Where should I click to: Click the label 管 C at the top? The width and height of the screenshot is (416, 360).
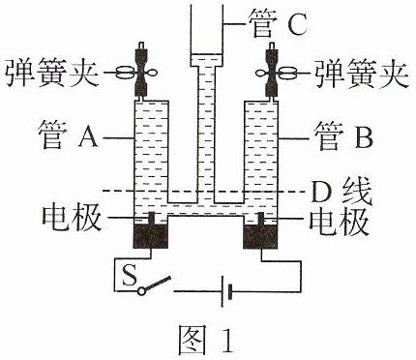(278, 23)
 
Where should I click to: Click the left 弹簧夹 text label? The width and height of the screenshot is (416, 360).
(52, 74)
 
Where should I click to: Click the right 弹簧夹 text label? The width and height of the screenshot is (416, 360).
(362, 74)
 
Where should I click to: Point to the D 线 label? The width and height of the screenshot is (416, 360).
(342, 192)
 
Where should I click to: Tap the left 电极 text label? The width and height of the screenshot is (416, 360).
(72, 218)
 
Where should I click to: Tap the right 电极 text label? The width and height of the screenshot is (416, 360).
(339, 222)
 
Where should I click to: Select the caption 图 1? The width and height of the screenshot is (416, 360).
(205, 340)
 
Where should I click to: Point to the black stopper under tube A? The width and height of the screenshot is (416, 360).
(151, 235)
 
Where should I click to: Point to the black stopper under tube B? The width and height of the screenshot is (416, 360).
(260, 236)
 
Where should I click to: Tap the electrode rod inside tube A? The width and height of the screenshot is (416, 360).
(151, 219)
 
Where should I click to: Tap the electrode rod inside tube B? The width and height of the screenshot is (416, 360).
(260, 219)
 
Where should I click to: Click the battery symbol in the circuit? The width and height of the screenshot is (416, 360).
(225, 291)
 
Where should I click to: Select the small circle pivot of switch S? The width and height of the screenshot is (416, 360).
(141, 291)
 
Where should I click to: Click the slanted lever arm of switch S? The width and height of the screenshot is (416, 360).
(157, 283)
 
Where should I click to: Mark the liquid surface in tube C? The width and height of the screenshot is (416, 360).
(206, 55)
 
